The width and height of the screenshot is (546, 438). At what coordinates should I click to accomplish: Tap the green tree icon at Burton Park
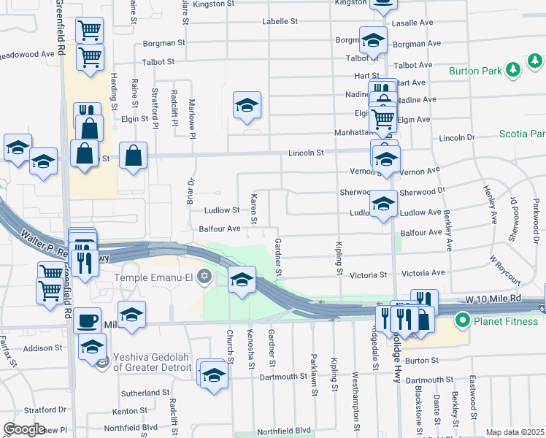point(513,69)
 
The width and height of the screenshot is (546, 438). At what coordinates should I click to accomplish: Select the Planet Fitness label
point(504,319)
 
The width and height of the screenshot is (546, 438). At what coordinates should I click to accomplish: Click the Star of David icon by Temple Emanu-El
point(205,277)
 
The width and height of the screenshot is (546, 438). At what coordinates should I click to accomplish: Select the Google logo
point(24,429)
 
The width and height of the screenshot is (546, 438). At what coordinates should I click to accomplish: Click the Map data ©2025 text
point(514,432)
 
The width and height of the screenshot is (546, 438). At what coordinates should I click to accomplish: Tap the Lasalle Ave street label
point(412,23)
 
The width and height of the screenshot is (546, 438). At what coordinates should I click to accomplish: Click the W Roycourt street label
point(505,270)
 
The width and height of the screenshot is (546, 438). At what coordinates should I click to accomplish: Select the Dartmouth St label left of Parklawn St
point(285,377)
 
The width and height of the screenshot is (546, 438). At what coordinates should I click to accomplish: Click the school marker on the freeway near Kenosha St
point(242,280)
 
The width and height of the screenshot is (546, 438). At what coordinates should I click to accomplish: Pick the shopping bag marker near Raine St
point(134,155)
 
